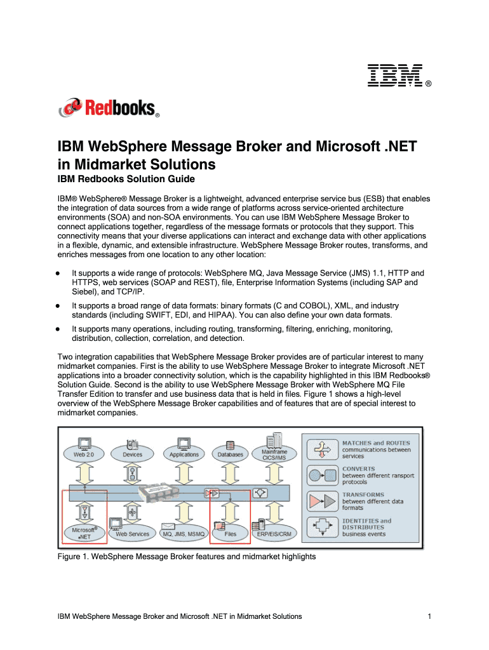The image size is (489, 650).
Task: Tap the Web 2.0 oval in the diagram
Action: pos(84,454)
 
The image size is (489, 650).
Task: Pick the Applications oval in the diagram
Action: pos(184,454)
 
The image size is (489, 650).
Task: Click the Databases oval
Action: pos(231,454)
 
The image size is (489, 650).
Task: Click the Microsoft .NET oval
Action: pos(83,533)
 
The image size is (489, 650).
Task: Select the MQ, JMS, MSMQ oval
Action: pos(184,534)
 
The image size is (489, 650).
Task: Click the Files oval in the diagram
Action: pos(230,534)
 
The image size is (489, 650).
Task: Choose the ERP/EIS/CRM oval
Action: pos(274,534)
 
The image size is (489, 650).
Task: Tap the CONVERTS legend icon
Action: pos(321,474)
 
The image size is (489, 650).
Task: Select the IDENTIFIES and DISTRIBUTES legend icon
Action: pos(321,526)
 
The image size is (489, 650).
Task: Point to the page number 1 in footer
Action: pos(430,616)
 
